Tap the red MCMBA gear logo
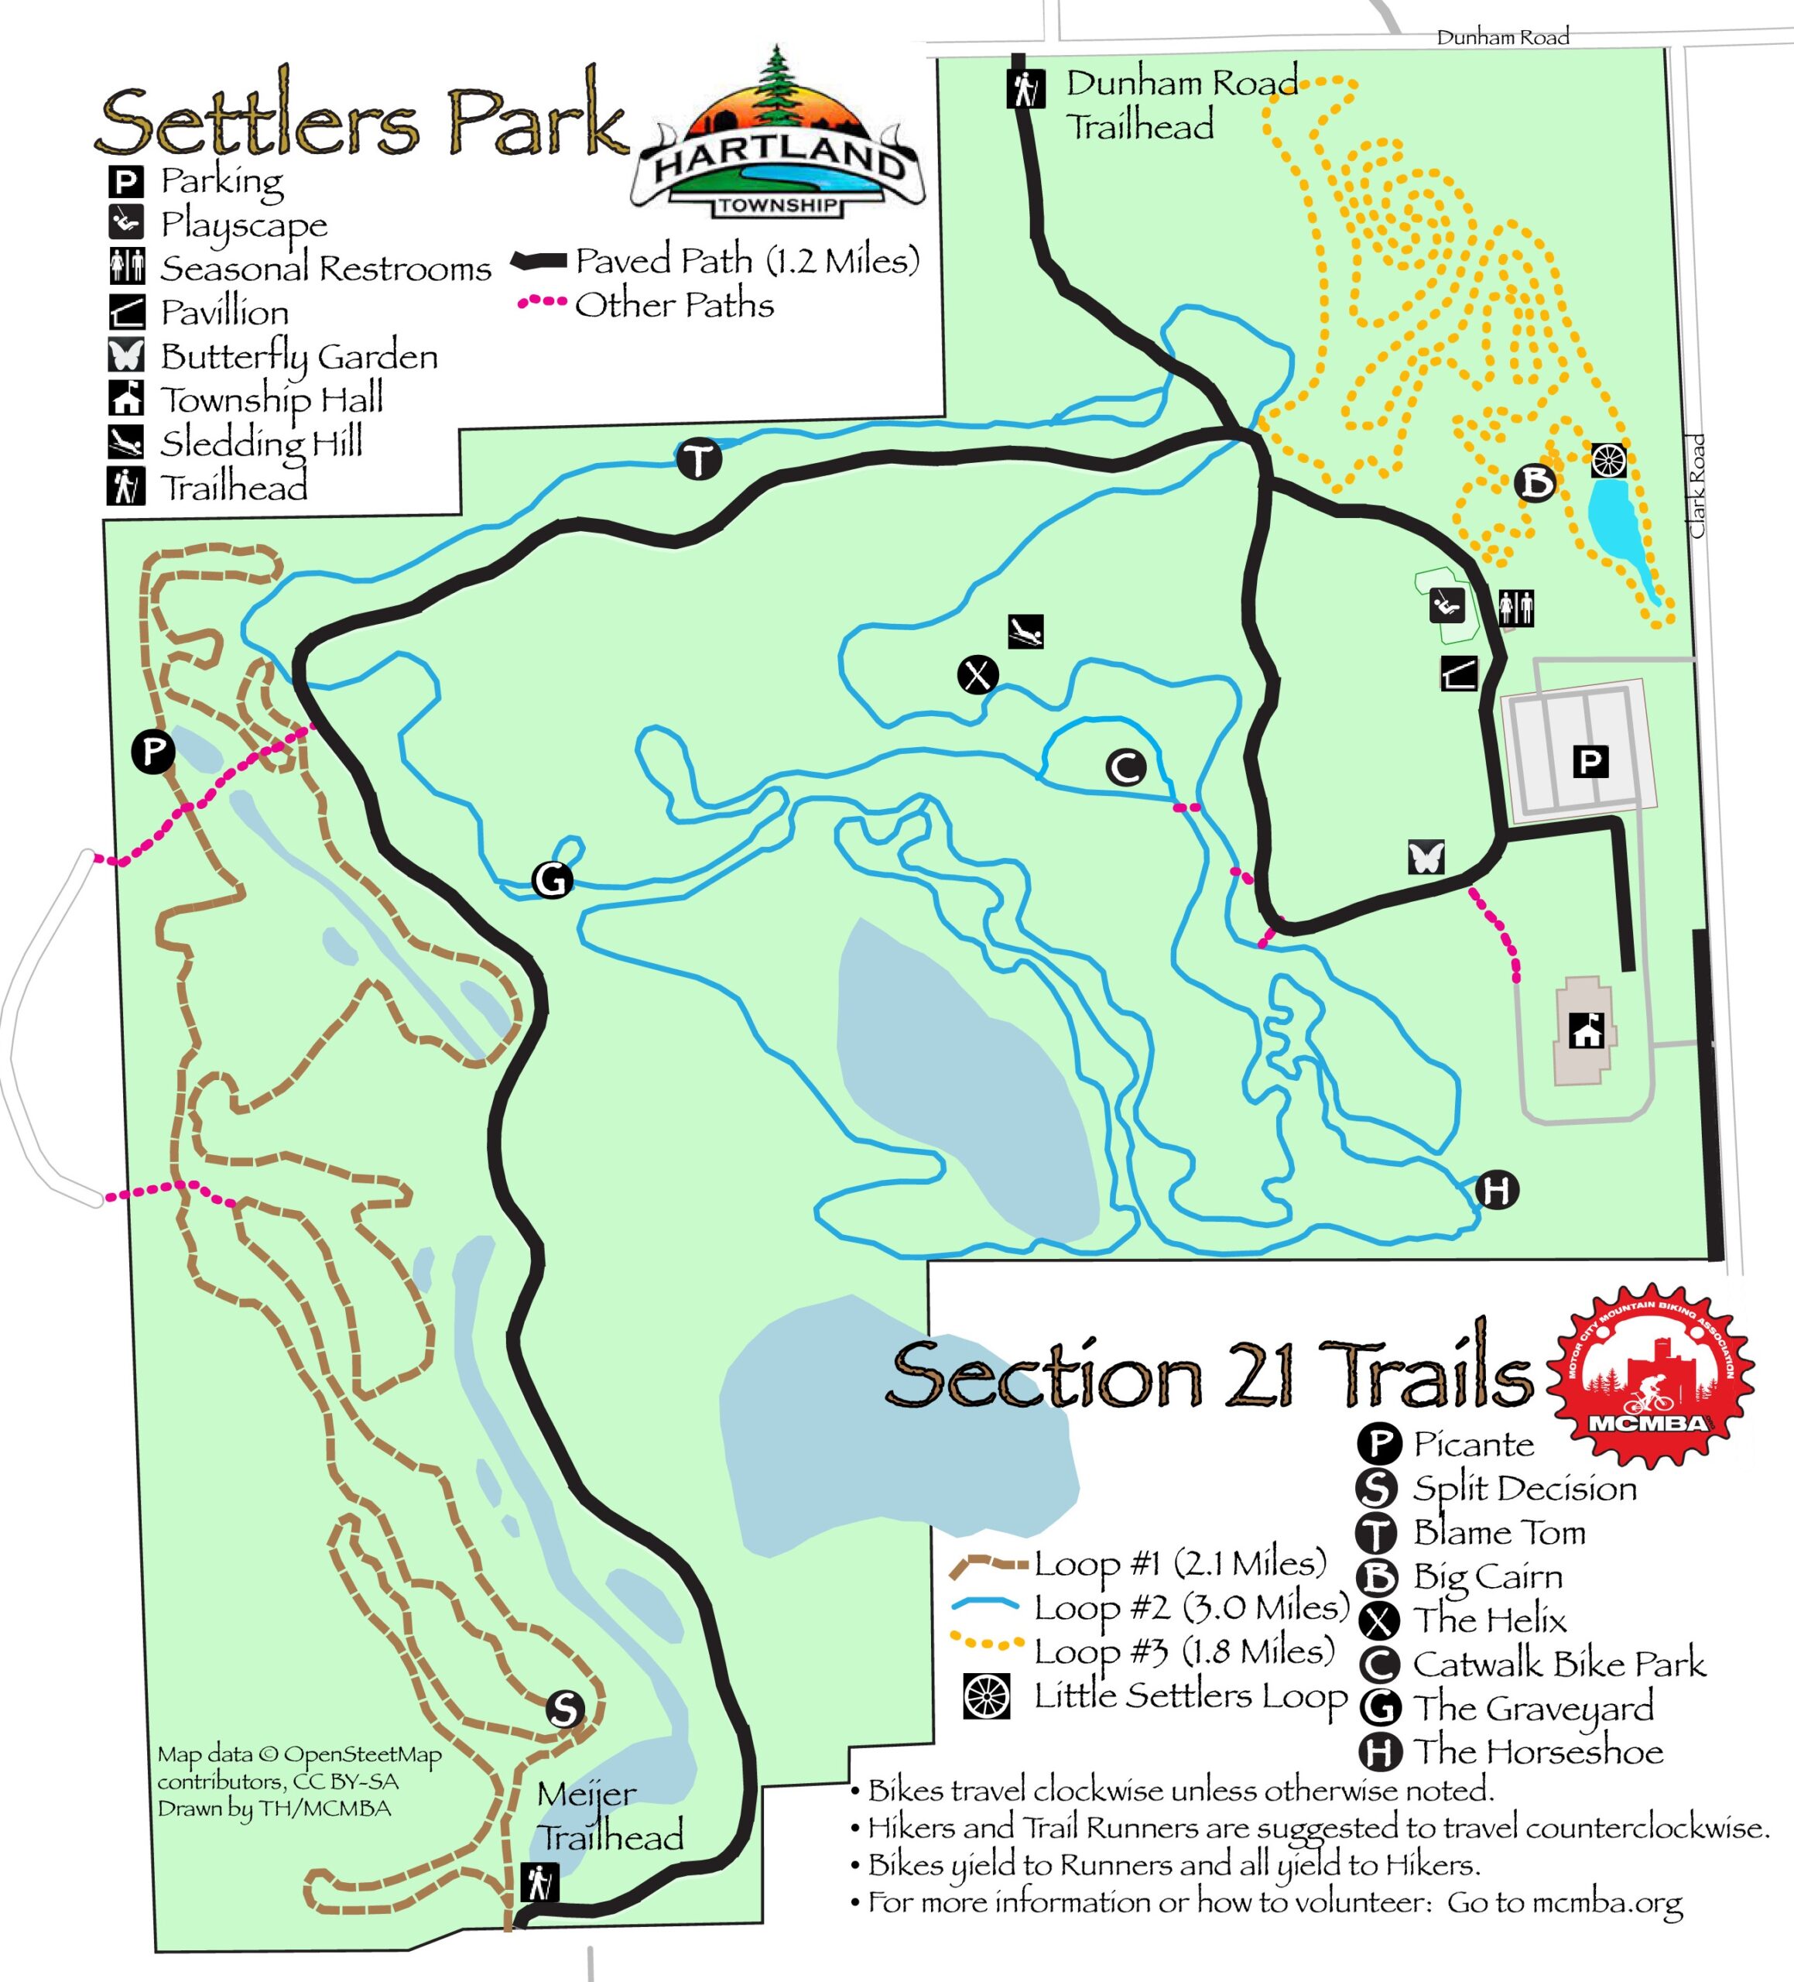pos(1652,1377)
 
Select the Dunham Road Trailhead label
pos(1179,105)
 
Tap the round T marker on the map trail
pos(699,459)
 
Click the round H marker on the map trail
pos(1496,1191)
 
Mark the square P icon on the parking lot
pos(1590,761)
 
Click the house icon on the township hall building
pos(1587,1031)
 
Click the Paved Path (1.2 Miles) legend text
pos(747,261)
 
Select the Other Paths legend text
pos(674,305)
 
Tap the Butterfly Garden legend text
pos(299,356)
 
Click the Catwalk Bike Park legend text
pos(1559,1664)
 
